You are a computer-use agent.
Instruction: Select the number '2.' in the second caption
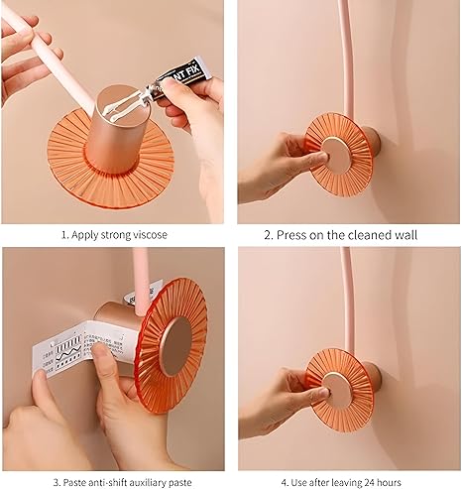[269, 235]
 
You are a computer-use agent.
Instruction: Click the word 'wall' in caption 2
[402, 235]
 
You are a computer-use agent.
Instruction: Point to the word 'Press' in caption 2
[293, 235]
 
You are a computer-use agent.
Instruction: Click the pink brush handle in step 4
[344, 298]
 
